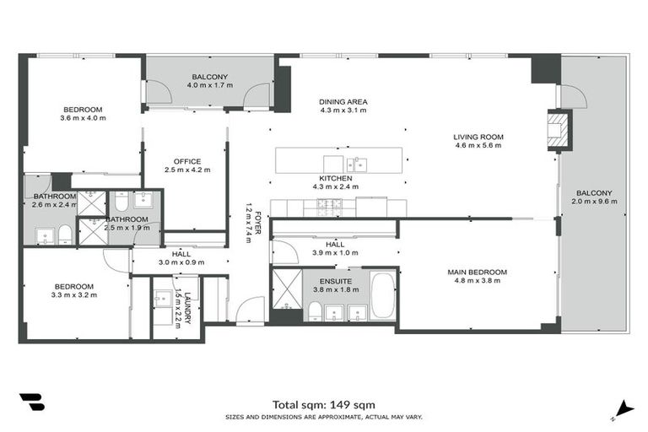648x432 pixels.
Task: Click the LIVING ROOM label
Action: pos(478,137)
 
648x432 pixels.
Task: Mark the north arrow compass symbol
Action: pos(624,408)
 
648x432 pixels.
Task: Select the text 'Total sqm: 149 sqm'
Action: pos(324,404)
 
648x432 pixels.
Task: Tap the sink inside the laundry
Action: pos(162,298)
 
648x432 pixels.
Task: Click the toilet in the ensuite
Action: pos(315,313)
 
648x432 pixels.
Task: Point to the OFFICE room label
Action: pos(186,161)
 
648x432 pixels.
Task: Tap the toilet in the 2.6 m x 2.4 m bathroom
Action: pos(65,234)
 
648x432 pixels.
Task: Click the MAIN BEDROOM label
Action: pos(478,272)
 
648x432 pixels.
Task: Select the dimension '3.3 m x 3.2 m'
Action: pos(73,295)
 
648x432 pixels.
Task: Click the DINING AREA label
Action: pos(343,102)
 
